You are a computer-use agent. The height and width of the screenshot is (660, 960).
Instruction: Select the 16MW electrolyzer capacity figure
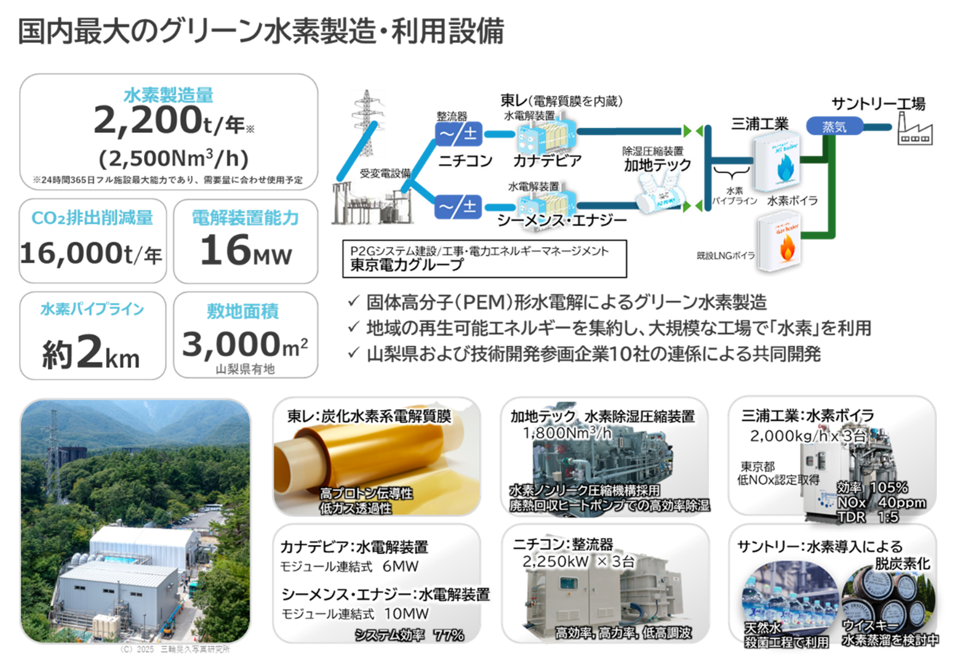pyautogui.click(x=245, y=251)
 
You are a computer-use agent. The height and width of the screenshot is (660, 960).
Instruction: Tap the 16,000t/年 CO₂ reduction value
pyautogui.click(x=91, y=253)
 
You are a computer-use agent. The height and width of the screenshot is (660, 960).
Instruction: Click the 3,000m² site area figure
pyautogui.click(x=245, y=345)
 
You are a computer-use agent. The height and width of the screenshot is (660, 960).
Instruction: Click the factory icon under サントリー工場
pyautogui.click(x=915, y=133)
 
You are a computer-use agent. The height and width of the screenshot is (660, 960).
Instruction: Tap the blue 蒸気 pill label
pyautogui.click(x=834, y=127)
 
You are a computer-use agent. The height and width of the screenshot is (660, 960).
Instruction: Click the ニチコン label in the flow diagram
pyautogui.click(x=465, y=161)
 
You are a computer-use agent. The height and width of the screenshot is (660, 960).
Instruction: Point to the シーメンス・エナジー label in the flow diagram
pyautogui.click(x=562, y=220)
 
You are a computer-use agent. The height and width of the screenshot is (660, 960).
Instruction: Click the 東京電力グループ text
pyautogui.click(x=406, y=265)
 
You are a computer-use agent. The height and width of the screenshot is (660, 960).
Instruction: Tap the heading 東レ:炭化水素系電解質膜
pyautogui.click(x=369, y=416)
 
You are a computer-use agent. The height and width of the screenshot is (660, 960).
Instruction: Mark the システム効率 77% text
pyautogui.click(x=410, y=635)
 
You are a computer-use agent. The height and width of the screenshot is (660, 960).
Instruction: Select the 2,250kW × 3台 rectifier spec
pyautogui.click(x=578, y=561)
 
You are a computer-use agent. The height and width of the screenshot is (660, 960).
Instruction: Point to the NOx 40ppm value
pyautogui.click(x=881, y=502)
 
